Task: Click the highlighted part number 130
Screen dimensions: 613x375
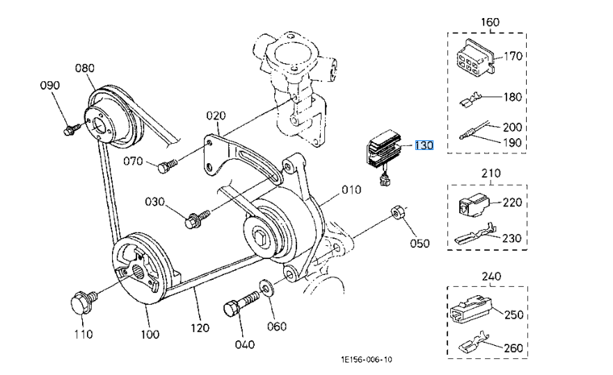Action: click(x=424, y=146)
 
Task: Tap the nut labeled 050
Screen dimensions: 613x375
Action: click(x=399, y=213)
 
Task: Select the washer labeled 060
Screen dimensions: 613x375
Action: click(x=266, y=287)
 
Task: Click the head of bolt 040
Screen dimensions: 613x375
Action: click(x=232, y=308)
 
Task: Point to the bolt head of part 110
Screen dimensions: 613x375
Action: click(x=80, y=303)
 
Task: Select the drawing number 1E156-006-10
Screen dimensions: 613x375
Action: click(x=366, y=360)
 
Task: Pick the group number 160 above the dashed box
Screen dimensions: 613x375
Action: click(x=490, y=22)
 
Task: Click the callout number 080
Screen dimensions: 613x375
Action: click(x=84, y=68)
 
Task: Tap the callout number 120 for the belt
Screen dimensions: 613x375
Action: click(x=200, y=328)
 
